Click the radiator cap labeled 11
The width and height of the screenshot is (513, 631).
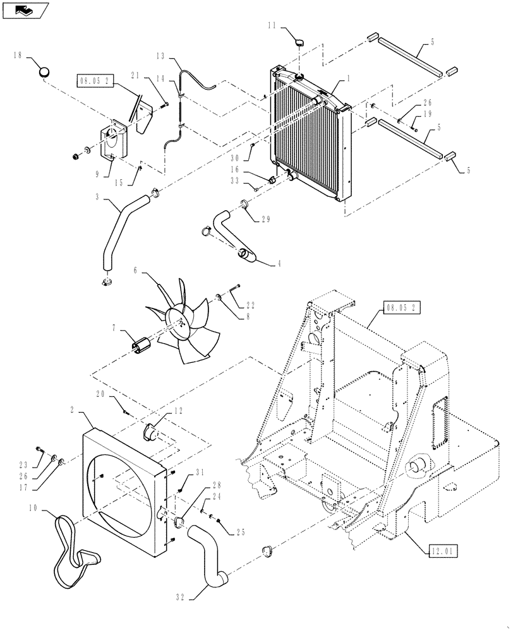point(298,42)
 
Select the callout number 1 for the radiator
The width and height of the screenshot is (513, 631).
point(348,81)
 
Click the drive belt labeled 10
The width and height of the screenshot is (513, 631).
point(75,551)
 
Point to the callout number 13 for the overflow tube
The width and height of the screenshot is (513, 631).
point(158,56)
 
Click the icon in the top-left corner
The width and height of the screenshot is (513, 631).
point(25,9)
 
